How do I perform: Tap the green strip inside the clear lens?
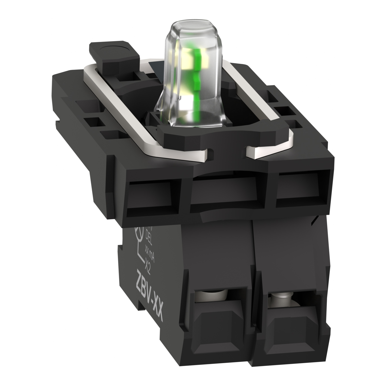195,77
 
